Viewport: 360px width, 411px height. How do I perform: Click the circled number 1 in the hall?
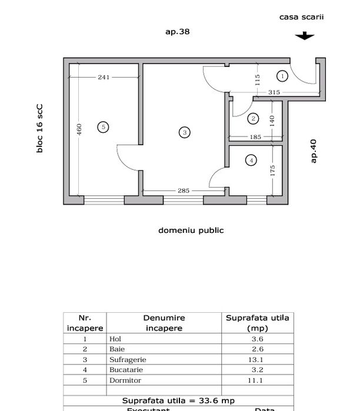click(282, 76)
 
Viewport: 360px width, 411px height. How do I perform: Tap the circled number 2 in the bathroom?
click(253, 119)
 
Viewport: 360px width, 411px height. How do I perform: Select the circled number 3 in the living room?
click(185, 133)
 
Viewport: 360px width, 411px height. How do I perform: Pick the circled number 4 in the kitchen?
click(251, 160)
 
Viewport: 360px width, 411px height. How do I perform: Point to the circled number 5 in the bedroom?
click(103, 127)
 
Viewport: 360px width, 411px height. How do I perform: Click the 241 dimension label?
click(104, 77)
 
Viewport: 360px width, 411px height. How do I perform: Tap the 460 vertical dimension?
click(79, 129)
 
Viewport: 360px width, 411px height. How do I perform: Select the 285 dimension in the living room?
click(184, 191)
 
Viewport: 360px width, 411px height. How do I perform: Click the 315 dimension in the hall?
click(274, 92)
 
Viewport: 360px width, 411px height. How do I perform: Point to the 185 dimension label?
click(255, 138)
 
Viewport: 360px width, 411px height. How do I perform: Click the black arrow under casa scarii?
click(304, 36)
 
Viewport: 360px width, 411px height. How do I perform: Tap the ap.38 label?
click(177, 32)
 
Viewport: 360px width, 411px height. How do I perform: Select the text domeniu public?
click(191, 230)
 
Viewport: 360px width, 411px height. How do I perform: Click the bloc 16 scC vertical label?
click(40, 129)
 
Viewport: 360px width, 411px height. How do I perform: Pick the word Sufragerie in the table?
click(128, 359)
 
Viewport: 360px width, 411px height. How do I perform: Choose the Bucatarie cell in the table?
click(126, 370)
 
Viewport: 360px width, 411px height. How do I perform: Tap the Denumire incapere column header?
click(164, 323)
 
